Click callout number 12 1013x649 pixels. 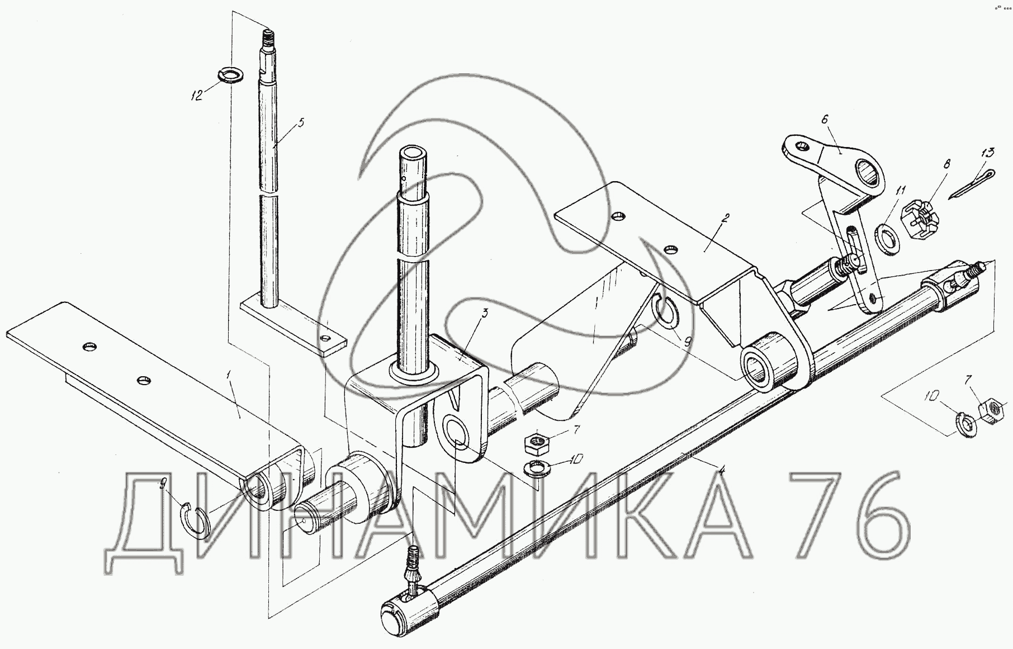(197, 95)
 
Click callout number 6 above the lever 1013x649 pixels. (825, 119)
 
